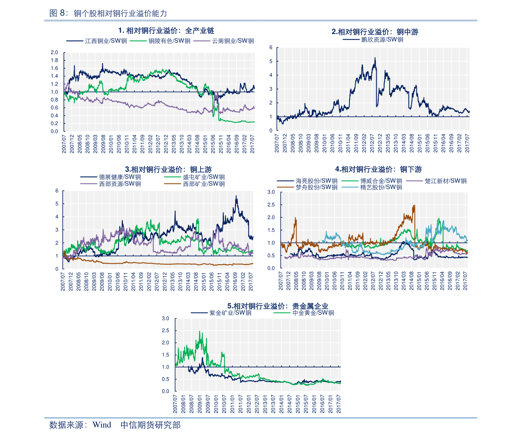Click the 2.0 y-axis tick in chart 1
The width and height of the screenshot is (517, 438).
[54, 53]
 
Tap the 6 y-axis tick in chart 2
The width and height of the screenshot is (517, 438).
[270, 47]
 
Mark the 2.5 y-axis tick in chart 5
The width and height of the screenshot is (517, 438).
[165, 331]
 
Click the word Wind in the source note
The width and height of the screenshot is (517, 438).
[102, 425]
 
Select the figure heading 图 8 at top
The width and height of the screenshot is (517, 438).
[58, 13]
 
